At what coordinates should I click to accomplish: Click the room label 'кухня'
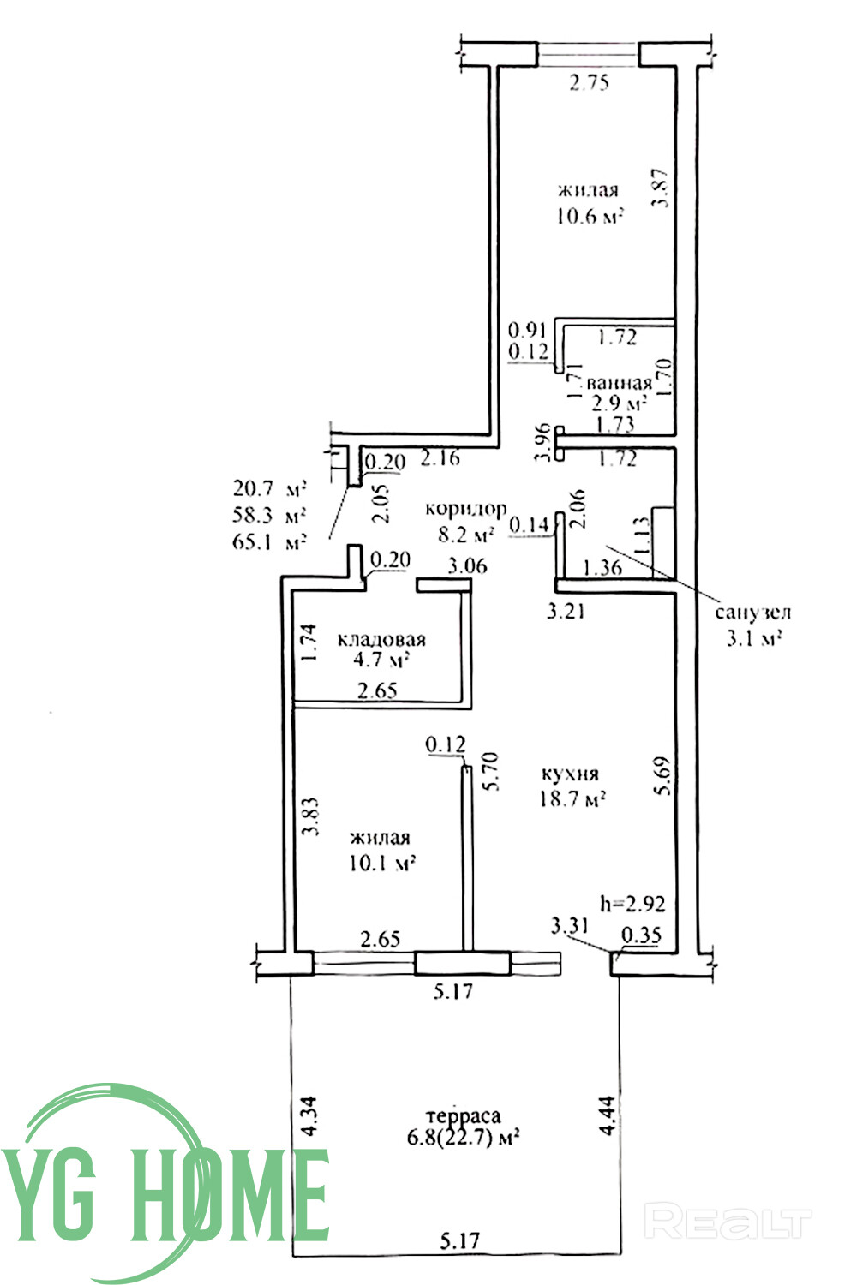point(570,774)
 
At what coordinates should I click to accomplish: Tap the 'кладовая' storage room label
point(381,640)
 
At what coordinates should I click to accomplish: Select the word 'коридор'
point(466,509)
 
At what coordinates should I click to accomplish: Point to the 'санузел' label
point(753,613)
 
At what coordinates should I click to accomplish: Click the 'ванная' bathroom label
point(619,383)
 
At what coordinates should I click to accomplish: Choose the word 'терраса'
point(465,1116)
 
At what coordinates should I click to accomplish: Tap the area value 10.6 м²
point(589,216)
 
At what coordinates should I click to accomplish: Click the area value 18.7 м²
point(572,800)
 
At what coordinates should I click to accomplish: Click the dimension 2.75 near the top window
point(590,83)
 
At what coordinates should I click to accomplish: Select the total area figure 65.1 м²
point(270,541)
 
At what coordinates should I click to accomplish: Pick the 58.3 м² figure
point(270,516)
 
